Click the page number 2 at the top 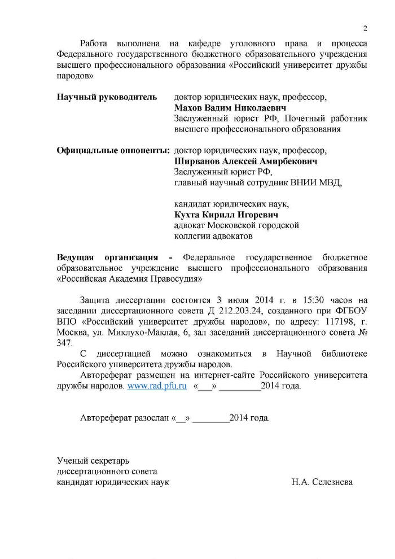pos(365,28)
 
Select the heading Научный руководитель pos(107,97)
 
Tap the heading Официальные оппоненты pos(113,151)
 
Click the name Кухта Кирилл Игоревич pos(226,215)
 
